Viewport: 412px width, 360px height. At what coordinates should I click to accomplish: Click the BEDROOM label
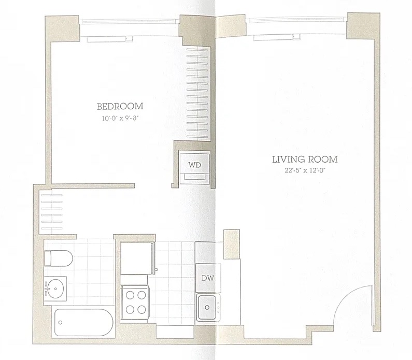click(120, 106)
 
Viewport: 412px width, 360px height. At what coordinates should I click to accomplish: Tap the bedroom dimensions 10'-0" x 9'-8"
click(120, 118)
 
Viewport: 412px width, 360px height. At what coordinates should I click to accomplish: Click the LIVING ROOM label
click(305, 160)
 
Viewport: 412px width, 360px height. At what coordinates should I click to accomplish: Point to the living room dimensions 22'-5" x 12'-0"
click(305, 170)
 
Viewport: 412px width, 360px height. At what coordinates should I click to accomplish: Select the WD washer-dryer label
click(194, 165)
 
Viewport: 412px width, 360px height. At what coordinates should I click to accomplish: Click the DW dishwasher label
click(208, 278)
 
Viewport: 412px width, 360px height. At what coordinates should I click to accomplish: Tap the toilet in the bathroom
click(59, 258)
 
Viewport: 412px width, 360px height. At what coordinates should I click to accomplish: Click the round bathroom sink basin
click(55, 289)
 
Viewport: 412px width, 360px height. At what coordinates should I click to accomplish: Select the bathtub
click(84, 322)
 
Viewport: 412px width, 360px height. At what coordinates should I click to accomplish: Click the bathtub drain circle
click(60, 323)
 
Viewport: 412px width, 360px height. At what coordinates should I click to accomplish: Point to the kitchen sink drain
click(207, 308)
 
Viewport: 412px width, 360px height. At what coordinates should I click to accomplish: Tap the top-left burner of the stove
click(130, 295)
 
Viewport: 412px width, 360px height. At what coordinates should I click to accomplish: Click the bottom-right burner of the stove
click(141, 310)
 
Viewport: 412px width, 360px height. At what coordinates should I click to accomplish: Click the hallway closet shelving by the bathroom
click(52, 212)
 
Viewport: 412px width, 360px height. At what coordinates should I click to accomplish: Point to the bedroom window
click(129, 22)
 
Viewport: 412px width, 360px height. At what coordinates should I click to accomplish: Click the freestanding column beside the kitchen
click(232, 244)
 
